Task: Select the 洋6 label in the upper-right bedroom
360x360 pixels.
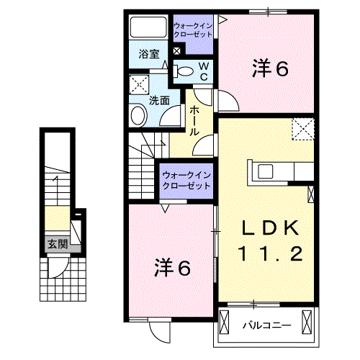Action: (x=270, y=69)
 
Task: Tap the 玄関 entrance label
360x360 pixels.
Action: (x=58, y=245)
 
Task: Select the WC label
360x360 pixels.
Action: (x=204, y=71)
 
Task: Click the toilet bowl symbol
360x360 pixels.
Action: (x=184, y=71)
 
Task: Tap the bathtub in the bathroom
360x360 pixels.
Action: (x=148, y=29)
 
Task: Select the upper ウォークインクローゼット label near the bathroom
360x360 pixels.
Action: (x=193, y=31)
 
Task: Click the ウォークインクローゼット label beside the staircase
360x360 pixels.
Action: (x=186, y=180)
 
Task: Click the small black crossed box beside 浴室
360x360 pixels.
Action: (x=176, y=51)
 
